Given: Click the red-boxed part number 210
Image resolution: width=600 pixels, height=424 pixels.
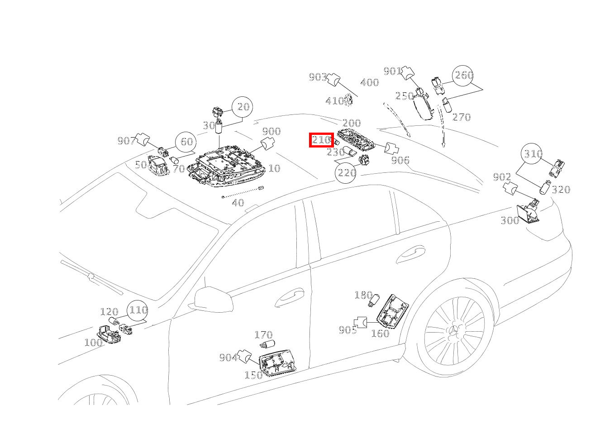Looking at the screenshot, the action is click(x=321, y=140).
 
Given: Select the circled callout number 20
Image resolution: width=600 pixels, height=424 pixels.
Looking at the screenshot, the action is click(x=243, y=107).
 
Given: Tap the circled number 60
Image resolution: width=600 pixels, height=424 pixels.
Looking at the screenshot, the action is click(x=186, y=142).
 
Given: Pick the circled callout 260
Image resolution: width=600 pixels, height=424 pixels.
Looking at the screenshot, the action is click(x=463, y=76).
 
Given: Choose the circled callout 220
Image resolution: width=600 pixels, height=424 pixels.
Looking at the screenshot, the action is click(x=346, y=173).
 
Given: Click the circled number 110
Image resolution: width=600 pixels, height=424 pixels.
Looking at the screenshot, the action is click(x=138, y=310).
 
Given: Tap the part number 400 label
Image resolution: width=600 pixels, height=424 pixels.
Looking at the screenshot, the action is click(x=370, y=82).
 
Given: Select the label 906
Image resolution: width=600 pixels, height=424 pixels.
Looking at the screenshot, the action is click(x=400, y=160).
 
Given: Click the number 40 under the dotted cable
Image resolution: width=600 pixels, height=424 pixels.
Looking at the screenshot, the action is click(x=238, y=202).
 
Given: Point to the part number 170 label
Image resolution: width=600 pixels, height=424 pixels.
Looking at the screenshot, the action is click(x=263, y=335).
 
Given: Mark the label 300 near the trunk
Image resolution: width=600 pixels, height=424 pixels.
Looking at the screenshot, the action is click(x=510, y=220).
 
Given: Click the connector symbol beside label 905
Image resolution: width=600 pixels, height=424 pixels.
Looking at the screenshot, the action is click(x=360, y=322).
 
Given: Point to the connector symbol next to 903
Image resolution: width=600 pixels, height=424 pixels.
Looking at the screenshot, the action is click(x=334, y=79).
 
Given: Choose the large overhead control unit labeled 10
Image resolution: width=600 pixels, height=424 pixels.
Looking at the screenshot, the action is click(x=226, y=167).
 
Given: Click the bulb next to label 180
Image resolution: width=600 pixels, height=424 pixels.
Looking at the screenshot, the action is click(x=374, y=300).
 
